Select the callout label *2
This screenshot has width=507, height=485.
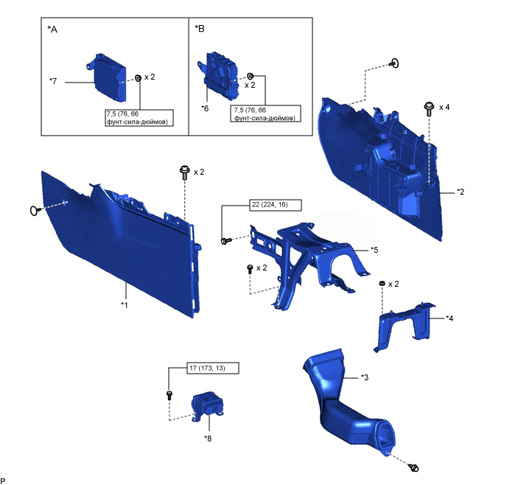coord(460,192)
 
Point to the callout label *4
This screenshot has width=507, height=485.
coord(450,318)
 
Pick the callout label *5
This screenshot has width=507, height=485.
coord(375,250)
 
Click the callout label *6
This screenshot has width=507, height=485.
coord(206,108)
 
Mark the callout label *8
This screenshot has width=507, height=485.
coord(209,438)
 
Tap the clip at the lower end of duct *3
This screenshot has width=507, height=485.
coord(413,467)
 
